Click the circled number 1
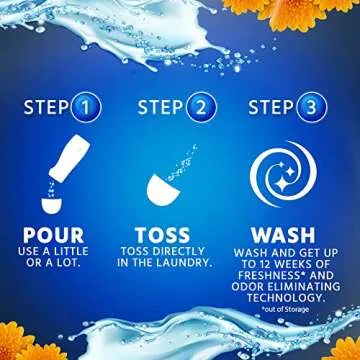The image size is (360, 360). [x=86, y=106]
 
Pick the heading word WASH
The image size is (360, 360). [x=283, y=235]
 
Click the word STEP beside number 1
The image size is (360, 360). [x=47, y=107]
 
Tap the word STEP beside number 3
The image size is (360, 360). [x=272, y=107]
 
